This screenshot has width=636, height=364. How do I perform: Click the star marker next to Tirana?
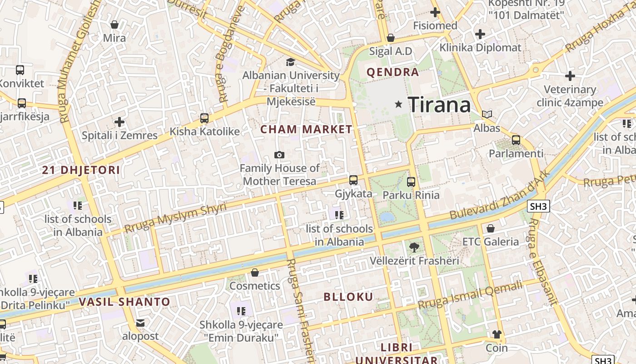(398, 105)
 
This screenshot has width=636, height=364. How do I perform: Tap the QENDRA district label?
(393, 72)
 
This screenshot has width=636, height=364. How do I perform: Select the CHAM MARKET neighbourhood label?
(306, 129)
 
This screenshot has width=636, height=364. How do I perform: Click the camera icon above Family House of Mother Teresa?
(279, 155)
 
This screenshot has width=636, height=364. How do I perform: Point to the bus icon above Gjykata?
(353, 180)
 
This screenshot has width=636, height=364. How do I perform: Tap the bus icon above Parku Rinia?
(411, 182)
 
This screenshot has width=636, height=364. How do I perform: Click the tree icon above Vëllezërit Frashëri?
(414, 248)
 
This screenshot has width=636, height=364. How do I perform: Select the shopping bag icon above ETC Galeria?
(491, 228)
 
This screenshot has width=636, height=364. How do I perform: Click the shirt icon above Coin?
(497, 334)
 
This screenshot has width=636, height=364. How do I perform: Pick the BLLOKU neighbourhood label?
(348, 297)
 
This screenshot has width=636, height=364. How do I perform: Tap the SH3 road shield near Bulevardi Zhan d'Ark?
(539, 207)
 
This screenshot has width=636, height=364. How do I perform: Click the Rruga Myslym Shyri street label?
(175, 218)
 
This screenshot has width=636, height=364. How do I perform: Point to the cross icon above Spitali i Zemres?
(119, 122)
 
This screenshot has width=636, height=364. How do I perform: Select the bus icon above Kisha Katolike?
(204, 118)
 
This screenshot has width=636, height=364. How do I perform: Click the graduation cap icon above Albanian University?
(290, 62)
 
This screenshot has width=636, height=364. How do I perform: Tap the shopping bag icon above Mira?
(114, 25)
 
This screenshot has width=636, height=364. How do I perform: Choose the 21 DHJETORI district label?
(81, 170)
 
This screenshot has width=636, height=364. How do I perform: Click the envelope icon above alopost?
(140, 323)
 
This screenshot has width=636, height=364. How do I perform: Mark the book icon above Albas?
(487, 115)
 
